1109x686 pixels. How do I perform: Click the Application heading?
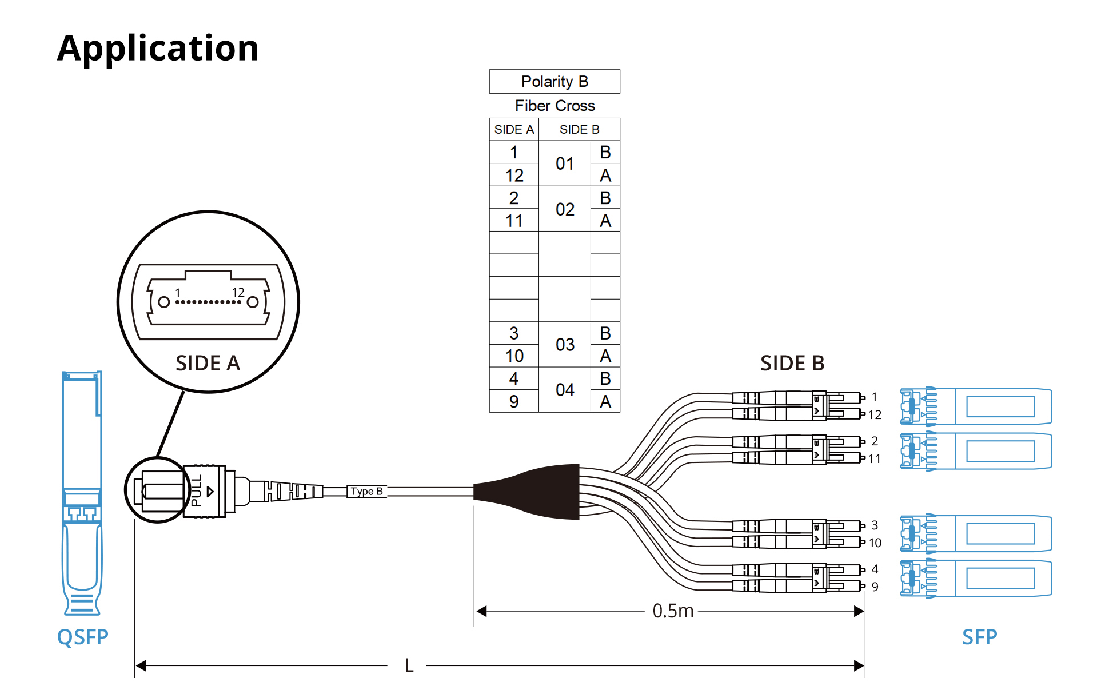(158, 48)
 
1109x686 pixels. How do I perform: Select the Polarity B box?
(554, 82)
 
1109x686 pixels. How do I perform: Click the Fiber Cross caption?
(554, 106)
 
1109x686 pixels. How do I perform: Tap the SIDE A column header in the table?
(514, 130)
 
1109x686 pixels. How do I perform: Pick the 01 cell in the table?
(565, 164)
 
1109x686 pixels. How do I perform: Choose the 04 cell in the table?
(565, 390)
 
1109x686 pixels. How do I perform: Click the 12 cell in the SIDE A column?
(514, 176)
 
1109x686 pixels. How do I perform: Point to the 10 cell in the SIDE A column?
(514, 356)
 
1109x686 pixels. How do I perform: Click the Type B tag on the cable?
(366, 492)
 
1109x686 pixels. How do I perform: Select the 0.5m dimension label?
(673, 611)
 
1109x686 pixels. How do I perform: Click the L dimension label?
(409, 665)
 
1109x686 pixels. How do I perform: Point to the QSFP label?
(82, 637)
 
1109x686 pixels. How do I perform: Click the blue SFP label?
(979, 637)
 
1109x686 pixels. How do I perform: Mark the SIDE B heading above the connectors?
(792, 363)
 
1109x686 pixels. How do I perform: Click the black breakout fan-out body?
(537, 492)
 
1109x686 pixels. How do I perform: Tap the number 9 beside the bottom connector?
(875, 587)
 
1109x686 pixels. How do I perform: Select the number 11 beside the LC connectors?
(875, 459)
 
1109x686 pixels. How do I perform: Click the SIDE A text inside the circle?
(208, 363)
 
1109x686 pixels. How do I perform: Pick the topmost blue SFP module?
(976, 406)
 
